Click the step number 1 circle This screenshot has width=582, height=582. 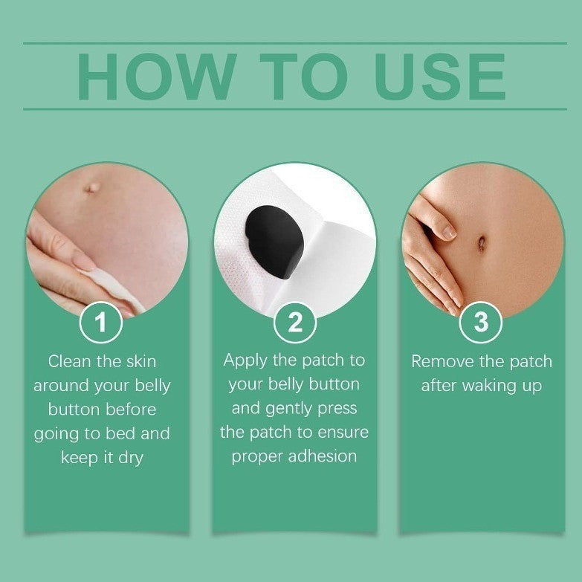point(100,323)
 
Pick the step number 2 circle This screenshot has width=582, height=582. point(295,323)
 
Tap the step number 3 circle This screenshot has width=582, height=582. point(481,323)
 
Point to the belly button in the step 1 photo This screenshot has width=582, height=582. point(91,188)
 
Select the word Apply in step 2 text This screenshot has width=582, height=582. point(246,360)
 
